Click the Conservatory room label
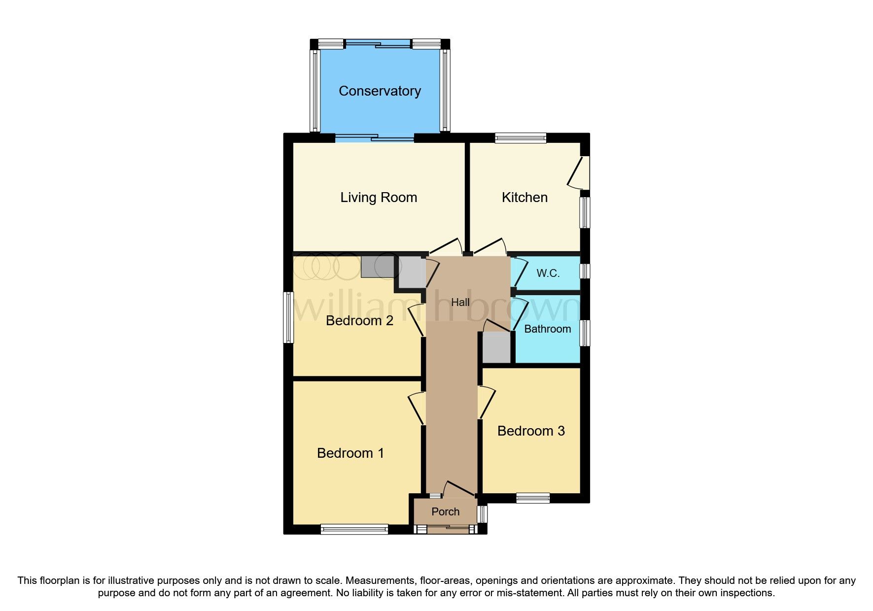(x=380, y=91)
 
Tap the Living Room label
(x=379, y=198)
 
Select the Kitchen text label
(x=524, y=198)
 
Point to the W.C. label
(x=548, y=273)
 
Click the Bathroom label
(x=547, y=329)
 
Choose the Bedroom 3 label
(x=531, y=431)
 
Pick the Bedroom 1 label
(x=350, y=453)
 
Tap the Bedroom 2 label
(x=359, y=321)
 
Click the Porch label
(x=445, y=512)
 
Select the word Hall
(x=460, y=303)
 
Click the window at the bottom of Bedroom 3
(x=533, y=498)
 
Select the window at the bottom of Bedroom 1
(x=354, y=529)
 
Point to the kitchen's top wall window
(x=521, y=138)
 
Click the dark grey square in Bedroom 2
(x=378, y=266)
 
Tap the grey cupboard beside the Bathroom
(x=496, y=347)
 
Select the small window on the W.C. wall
(x=585, y=271)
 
